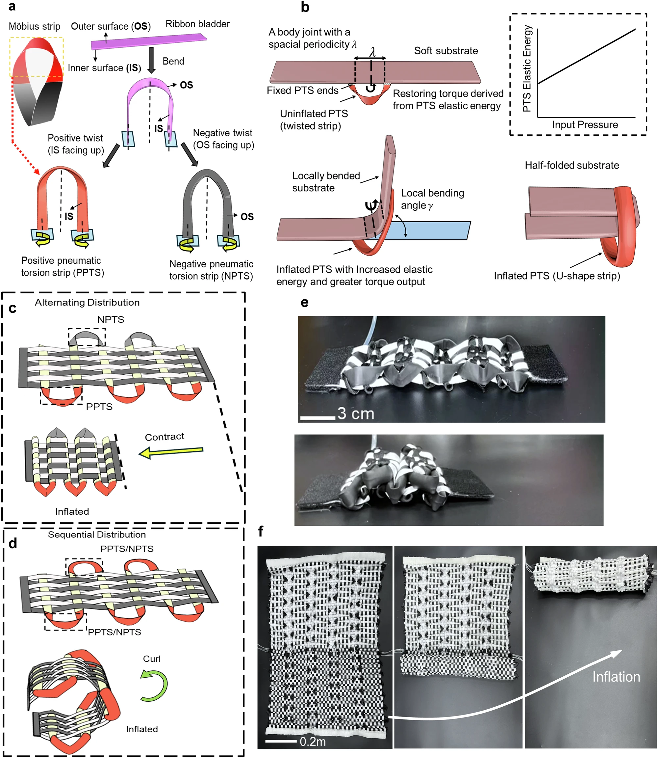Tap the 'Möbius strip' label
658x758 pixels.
click(35, 26)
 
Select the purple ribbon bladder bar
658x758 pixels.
click(149, 41)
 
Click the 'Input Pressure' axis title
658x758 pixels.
click(585, 124)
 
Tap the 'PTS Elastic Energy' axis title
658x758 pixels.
click(527, 69)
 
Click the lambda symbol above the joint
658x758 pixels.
click(372, 52)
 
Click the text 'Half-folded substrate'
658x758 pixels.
click(572, 165)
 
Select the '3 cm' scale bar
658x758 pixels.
click(317, 418)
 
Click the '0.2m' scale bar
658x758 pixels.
click(281, 741)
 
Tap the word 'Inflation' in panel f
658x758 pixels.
click(616, 677)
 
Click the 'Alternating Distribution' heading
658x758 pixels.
click(87, 302)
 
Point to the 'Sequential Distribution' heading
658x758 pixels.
click(97, 535)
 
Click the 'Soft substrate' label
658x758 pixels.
click(446, 51)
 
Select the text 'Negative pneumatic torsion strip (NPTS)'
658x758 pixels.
click(211, 270)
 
